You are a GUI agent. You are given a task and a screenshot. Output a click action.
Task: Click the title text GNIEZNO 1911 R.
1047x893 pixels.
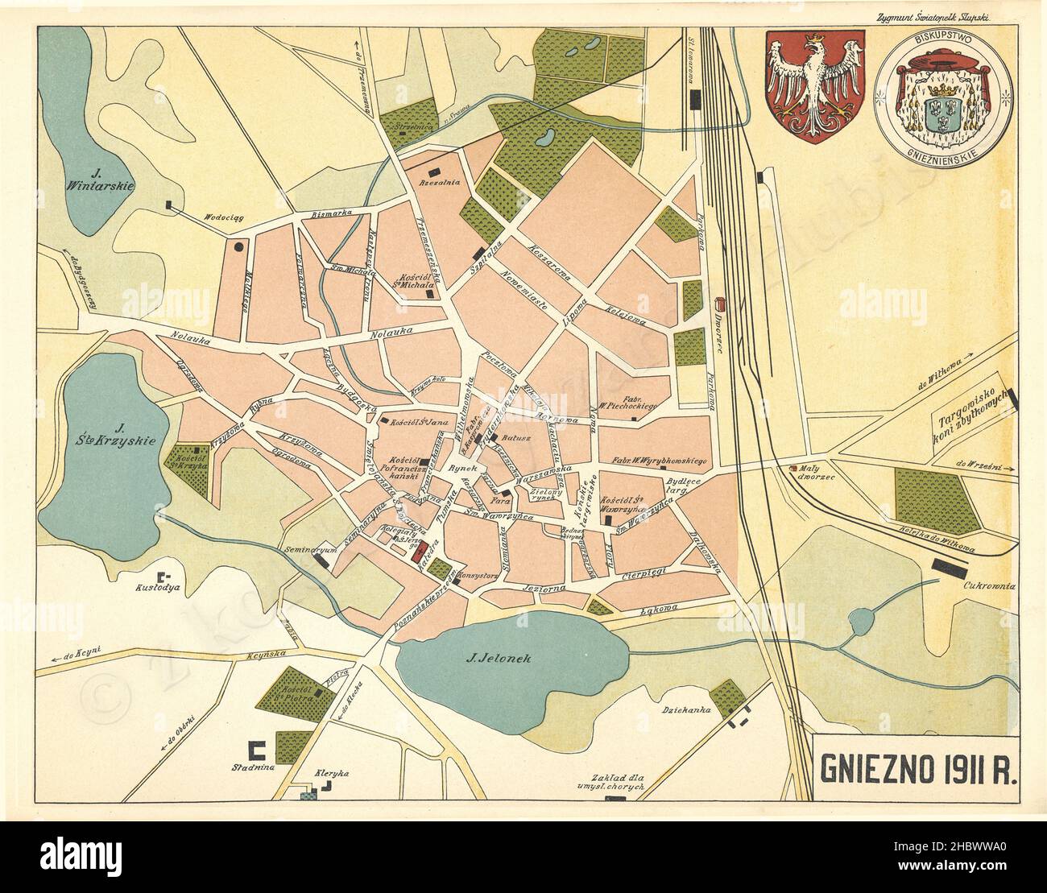[917, 769]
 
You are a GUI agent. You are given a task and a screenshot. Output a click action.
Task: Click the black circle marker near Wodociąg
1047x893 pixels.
[239, 247]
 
